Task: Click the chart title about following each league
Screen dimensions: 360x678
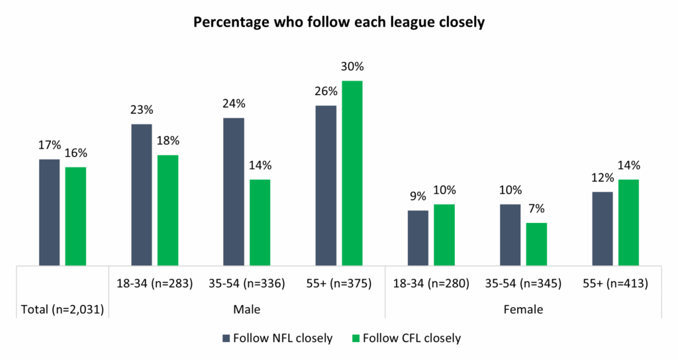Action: pos(339,22)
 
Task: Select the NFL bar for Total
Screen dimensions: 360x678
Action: pos(50,212)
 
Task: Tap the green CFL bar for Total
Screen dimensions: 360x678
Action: pos(75,216)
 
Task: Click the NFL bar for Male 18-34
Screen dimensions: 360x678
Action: pos(142,195)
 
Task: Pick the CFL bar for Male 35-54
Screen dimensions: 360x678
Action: pos(260,222)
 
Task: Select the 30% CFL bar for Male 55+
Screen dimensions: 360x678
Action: pos(352,173)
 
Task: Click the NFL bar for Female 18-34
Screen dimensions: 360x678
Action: pos(418,238)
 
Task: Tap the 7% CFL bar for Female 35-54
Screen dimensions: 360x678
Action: pos(536,244)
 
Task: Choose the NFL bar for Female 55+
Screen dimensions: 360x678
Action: pos(602,229)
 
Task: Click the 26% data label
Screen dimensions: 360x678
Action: pos(326,91)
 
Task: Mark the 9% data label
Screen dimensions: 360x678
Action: pos(418,197)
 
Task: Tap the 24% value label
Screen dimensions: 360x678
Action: pos(234,104)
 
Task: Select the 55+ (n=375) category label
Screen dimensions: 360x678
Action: pos(339,284)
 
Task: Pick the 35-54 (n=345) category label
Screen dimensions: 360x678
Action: pos(523,284)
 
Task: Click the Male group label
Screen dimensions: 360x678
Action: pos(246,308)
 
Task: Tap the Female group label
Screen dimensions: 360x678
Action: pos(523,308)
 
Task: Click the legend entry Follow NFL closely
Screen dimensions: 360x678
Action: pos(277,338)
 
